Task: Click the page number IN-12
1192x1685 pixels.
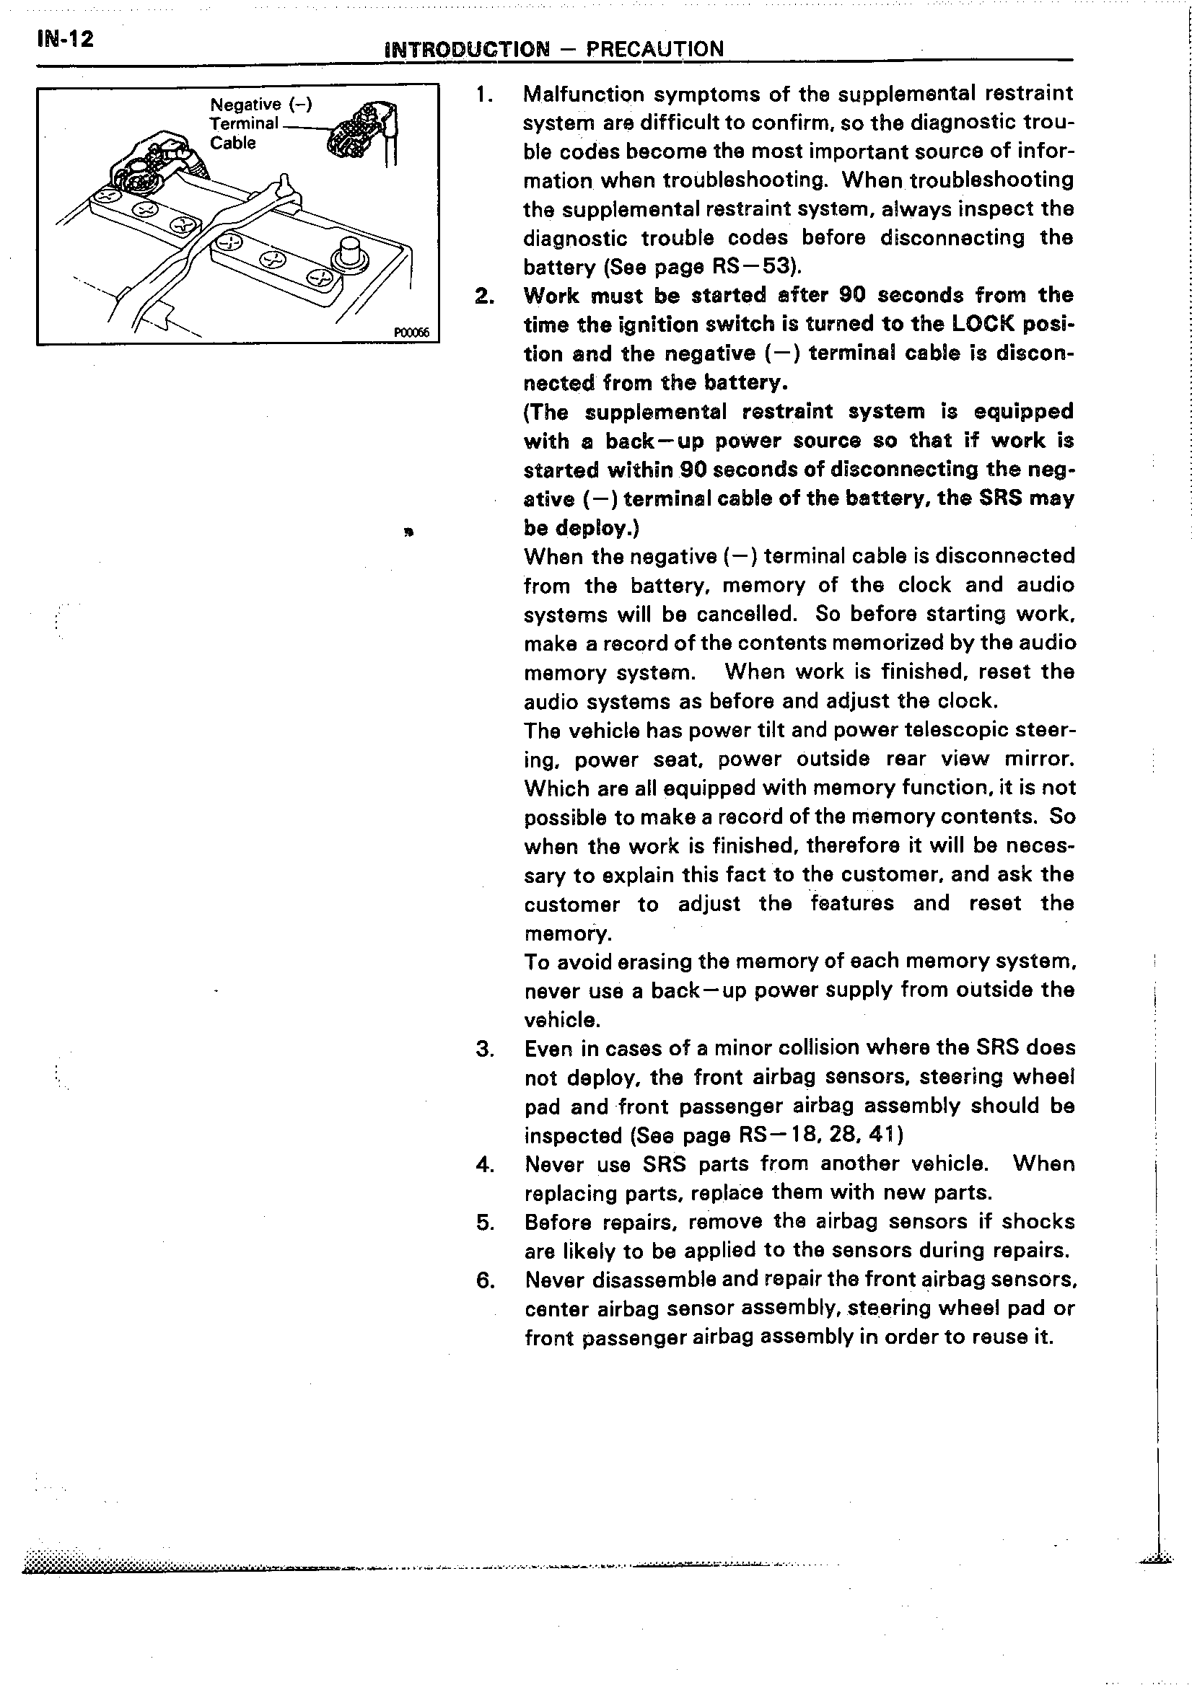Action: (65, 38)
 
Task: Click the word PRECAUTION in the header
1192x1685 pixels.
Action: (654, 49)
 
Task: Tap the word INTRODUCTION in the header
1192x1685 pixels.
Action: (467, 49)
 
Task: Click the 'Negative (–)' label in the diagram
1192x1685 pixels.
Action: (261, 104)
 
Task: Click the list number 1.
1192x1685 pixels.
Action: (483, 94)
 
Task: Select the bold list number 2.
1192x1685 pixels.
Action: (483, 296)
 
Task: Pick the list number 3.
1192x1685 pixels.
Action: (484, 1049)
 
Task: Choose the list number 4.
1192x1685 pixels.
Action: (484, 1165)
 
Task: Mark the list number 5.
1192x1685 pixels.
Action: (484, 1223)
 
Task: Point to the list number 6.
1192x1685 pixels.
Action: (484, 1280)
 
